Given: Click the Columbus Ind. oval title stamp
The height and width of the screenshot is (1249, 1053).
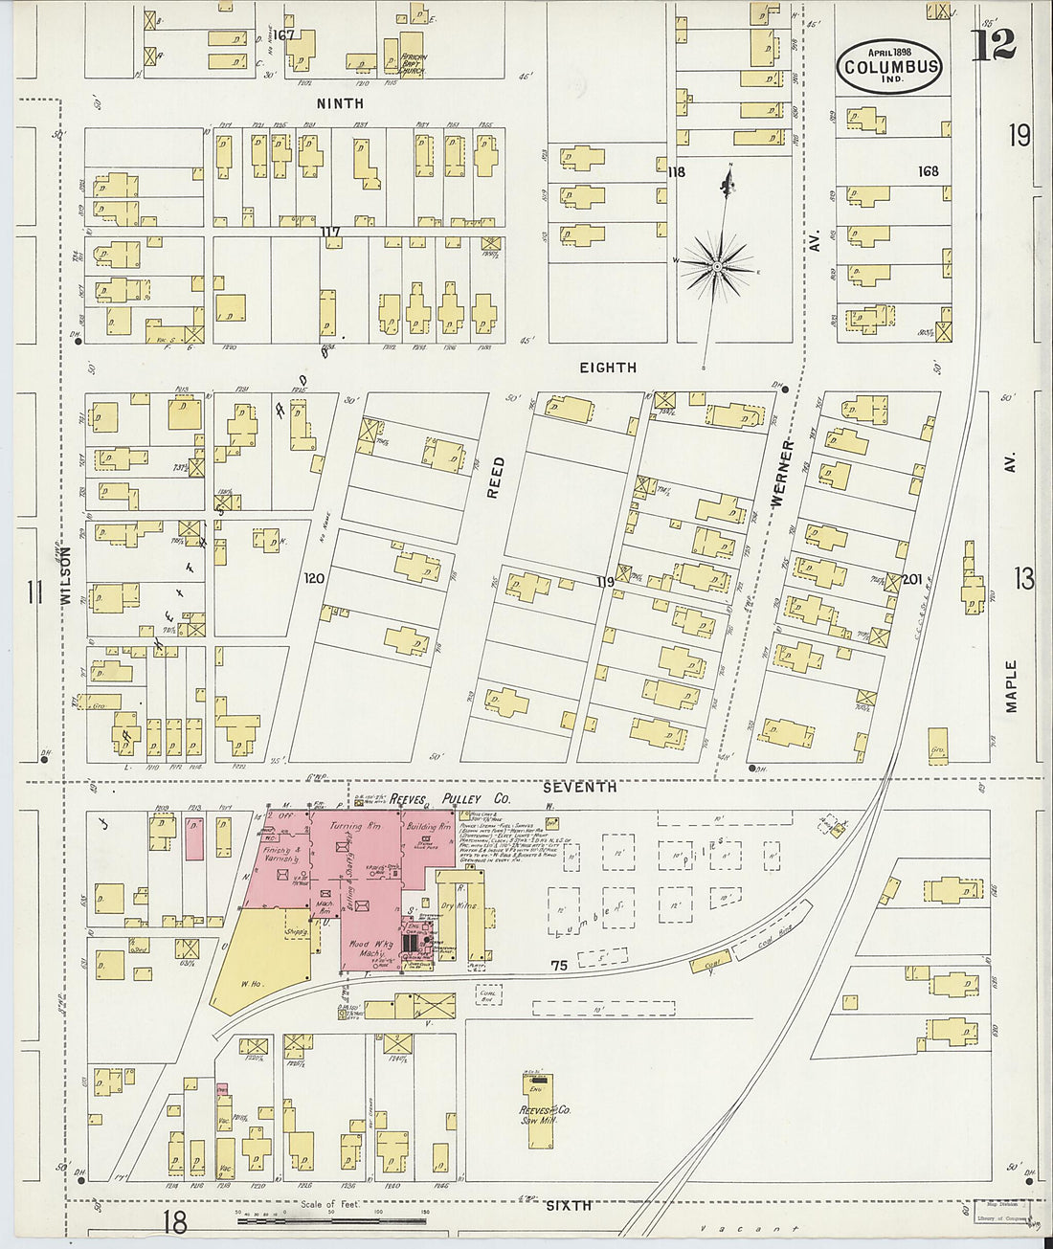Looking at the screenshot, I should click(889, 66).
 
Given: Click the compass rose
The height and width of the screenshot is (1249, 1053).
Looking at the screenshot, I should click(718, 264).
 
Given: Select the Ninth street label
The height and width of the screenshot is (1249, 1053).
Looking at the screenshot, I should click(340, 103).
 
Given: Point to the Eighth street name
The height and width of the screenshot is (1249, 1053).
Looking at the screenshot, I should click(608, 367).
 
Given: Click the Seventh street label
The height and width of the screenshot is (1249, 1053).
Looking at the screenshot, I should click(579, 787).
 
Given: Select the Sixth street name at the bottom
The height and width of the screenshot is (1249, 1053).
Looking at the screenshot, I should click(568, 1205).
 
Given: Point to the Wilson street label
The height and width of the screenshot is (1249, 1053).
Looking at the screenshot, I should click(66, 574).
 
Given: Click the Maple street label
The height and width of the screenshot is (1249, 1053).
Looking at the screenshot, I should click(1011, 685).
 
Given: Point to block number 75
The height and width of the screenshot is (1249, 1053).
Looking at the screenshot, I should click(559, 966).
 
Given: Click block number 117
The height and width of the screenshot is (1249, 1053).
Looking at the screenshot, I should click(330, 231).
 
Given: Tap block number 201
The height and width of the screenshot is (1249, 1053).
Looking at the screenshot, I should click(911, 579).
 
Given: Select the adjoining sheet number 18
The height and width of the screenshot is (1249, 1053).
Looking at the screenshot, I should click(174, 1222).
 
